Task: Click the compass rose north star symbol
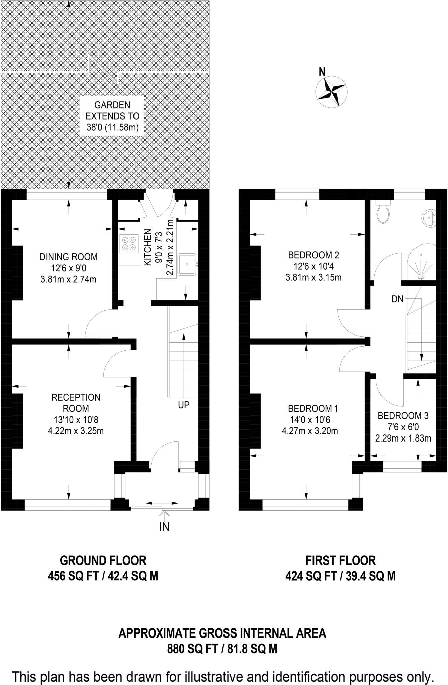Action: pyautogui.click(x=331, y=92)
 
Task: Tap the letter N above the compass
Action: pyautogui.click(x=322, y=71)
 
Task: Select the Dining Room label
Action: pyautogui.click(x=69, y=257)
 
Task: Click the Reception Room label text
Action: pyautogui.click(x=76, y=403)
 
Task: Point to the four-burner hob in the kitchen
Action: pyautogui.click(x=129, y=243)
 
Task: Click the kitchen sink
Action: pyautogui.click(x=187, y=264)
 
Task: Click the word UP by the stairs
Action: pyautogui.click(x=184, y=405)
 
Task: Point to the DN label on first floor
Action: pyautogui.click(x=398, y=299)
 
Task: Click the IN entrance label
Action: pyautogui.click(x=164, y=527)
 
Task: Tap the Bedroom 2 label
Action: pyautogui.click(x=313, y=255)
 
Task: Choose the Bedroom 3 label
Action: pyautogui.click(x=403, y=416)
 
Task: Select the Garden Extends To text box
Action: pyautogui.click(x=112, y=116)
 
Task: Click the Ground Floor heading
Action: pyautogui.click(x=103, y=560)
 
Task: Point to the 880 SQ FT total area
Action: pyautogui.click(x=193, y=649)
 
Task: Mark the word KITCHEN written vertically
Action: pyautogui.click(x=148, y=248)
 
